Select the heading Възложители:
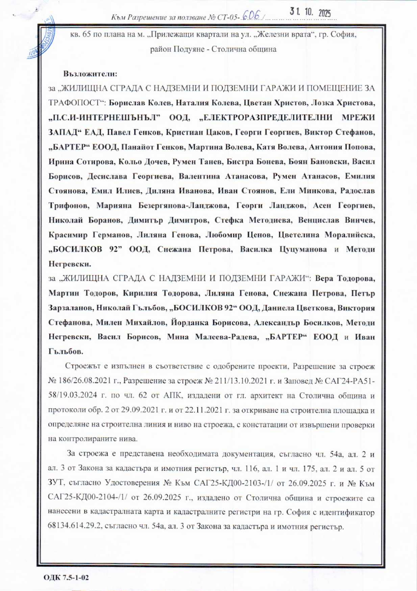(x=90, y=74)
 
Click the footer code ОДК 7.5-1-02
(x=62, y=576)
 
